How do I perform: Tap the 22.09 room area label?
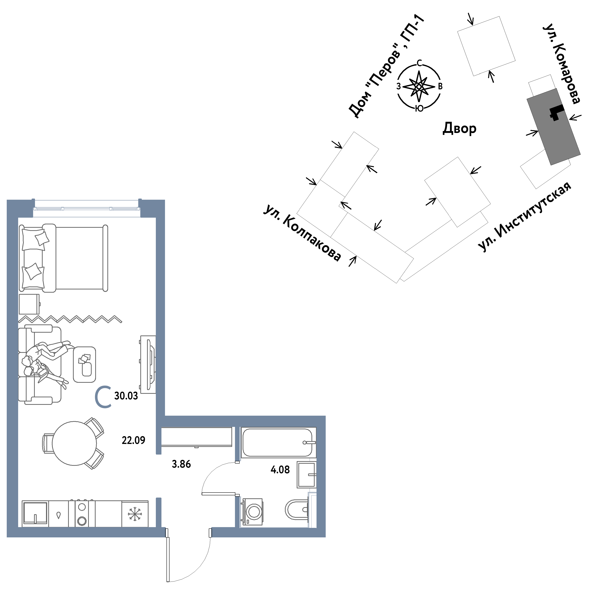pos(133,440)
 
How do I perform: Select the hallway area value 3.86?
pos(181,464)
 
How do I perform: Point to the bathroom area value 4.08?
pos(280,470)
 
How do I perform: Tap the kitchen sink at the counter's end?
pos(35,513)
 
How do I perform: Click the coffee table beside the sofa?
pos(85,364)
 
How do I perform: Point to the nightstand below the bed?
pos(29,304)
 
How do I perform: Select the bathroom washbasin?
pos(306,475)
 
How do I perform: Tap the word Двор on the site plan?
pos(459,128)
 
